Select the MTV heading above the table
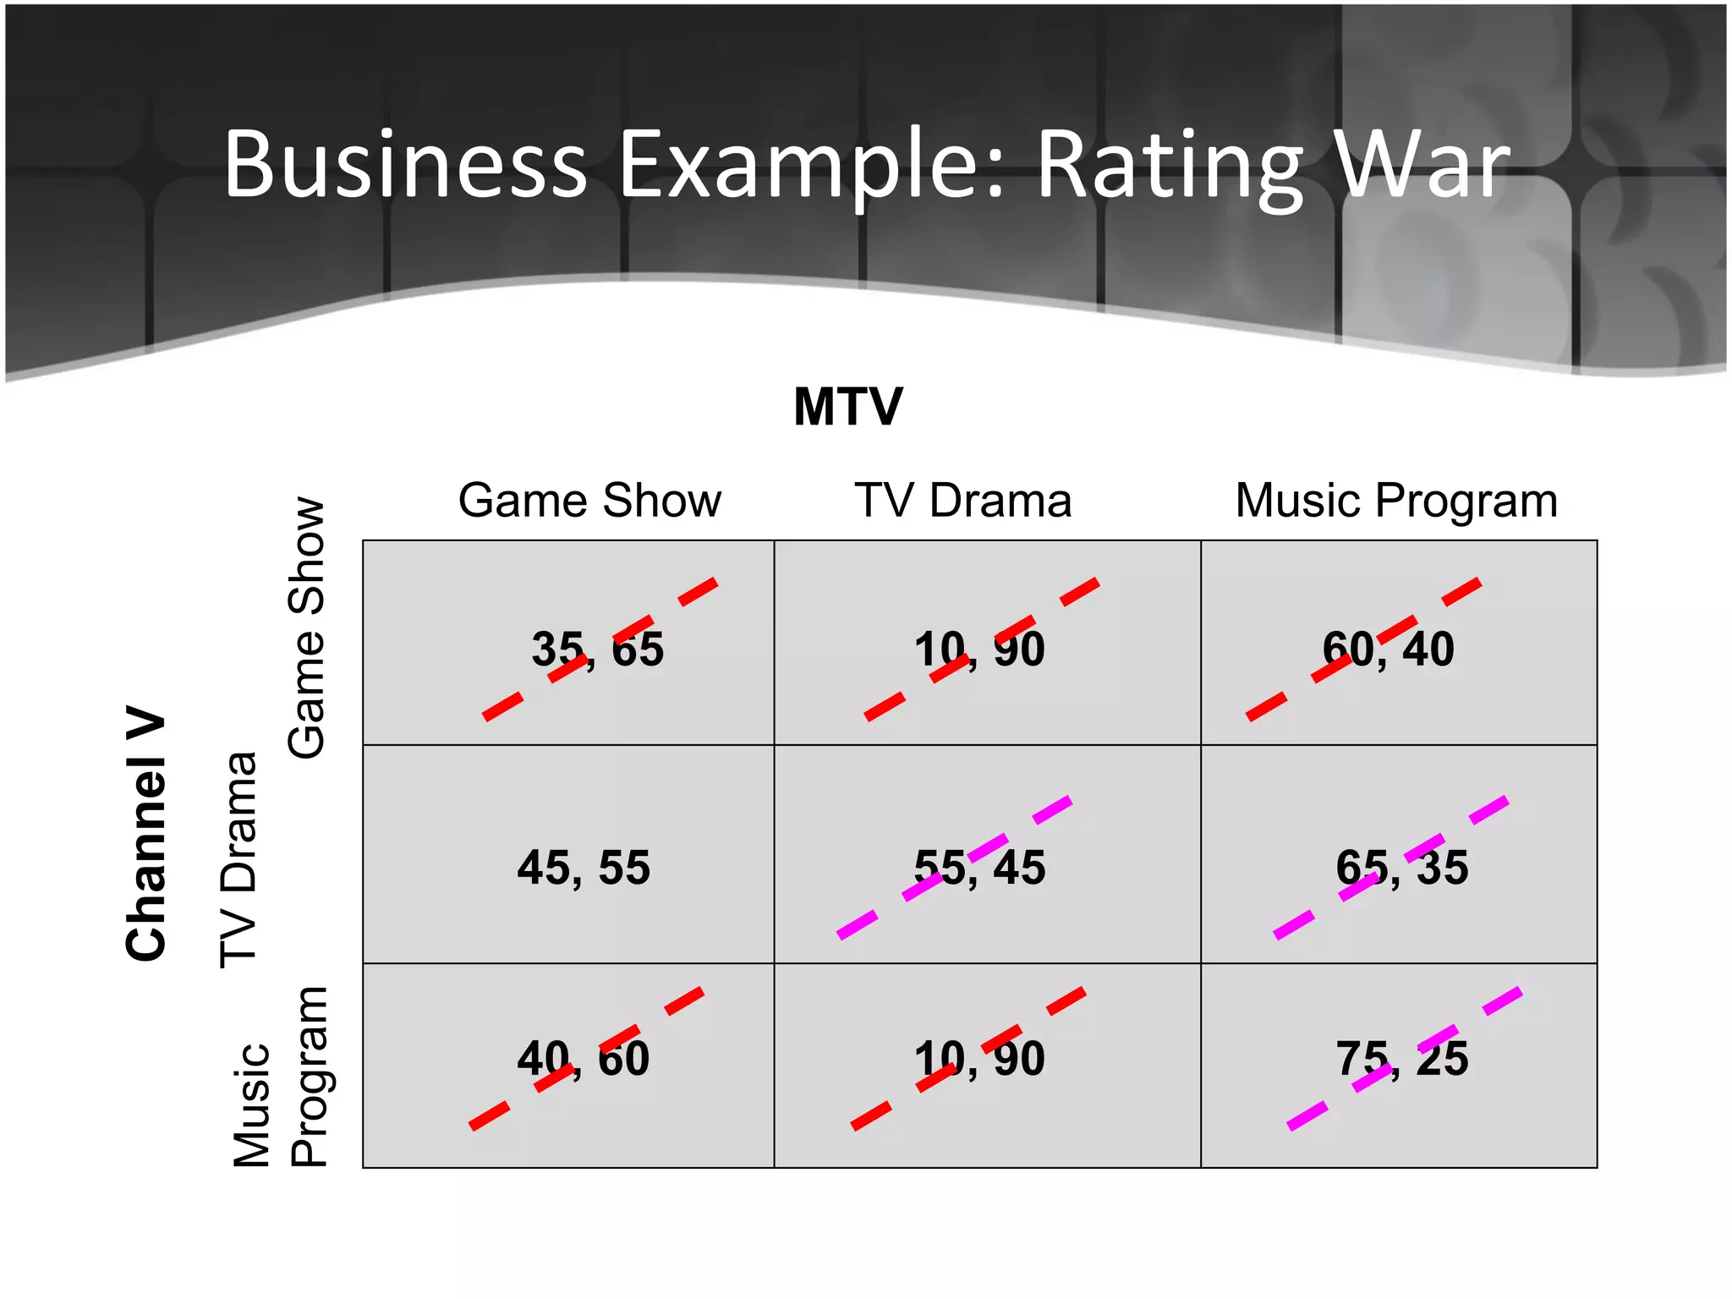tap(848, 407)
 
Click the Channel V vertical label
tap(146, 833)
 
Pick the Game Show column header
tap(589, 500)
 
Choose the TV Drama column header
tap(962, 500)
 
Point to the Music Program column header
tap(1396, 500)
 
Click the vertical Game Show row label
tap(306, 628)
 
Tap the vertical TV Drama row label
tap(238, 858)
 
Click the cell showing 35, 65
tap(597, 649)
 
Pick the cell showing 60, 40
tap(1388, 649)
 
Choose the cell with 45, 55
tap(584, 868)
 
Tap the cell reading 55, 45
tap(979, 868)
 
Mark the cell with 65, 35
tap(1401, 868)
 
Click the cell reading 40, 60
tap(584, 1059)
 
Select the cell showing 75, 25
tap(1401, 1059)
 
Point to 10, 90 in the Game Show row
tap(979, 649)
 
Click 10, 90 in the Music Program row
tap(979, 1059)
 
